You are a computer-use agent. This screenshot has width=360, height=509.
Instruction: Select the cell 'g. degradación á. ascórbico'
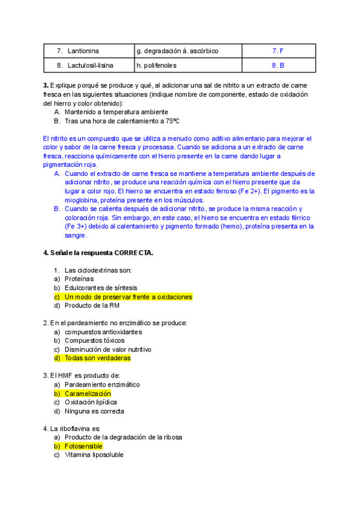[178, 51]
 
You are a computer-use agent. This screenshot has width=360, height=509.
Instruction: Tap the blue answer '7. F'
[278, 51]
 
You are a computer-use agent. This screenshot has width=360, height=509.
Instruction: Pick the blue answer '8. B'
[278, 65]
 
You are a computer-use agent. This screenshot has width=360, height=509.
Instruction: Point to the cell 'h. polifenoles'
[157, 65]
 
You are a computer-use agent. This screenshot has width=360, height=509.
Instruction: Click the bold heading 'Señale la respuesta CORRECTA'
[98, 253]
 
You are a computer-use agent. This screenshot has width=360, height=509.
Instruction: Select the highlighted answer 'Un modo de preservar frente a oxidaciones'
[128, 297]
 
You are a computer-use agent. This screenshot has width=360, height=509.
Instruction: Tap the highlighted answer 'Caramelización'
[88, 393]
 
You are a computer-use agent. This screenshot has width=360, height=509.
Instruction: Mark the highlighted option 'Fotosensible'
[83, 446]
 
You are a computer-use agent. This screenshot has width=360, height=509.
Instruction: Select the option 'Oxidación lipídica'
[91, 402]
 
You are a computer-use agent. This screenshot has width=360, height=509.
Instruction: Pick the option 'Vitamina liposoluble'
[94, 455]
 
